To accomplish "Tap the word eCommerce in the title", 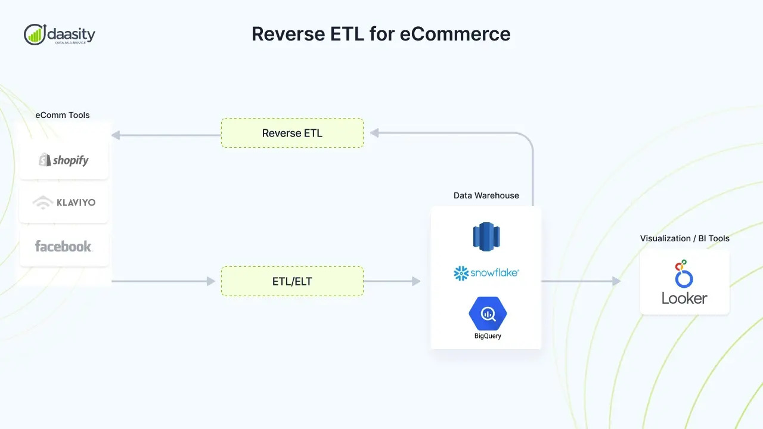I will tap(455, 34).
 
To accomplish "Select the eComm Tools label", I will tap(63, 115).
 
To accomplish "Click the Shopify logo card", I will tap(64, 160).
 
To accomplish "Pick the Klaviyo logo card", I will tap(64, 203).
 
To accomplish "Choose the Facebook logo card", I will tap(64, 246).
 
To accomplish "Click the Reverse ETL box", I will tap(292, 133).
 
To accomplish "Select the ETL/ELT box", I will tap(292, 281).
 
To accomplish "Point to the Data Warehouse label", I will tap(486, 195).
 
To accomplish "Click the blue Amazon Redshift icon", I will tap(486, 236).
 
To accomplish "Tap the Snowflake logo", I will tap(486, 273).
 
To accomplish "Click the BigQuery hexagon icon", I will tap(487, 313).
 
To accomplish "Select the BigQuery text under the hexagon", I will tap(487, 336).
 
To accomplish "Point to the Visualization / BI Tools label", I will tap(684, 238).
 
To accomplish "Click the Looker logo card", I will tap(684, 282).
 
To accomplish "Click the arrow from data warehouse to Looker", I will tap(581, 281).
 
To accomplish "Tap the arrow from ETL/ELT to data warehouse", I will tap(392, 281).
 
